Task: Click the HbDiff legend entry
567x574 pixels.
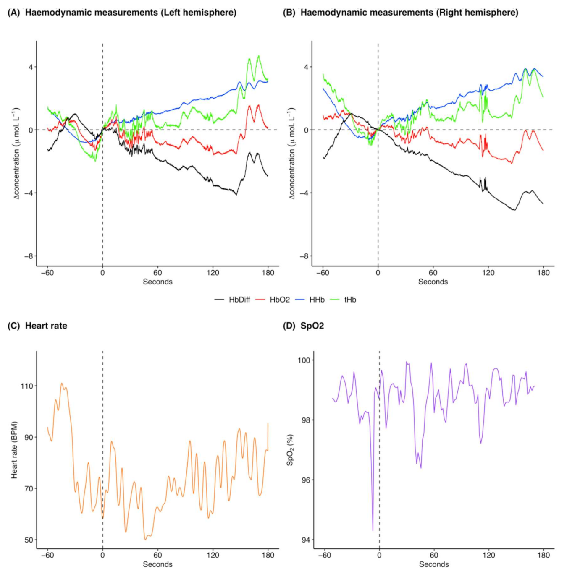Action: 239,300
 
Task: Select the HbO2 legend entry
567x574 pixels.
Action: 279,300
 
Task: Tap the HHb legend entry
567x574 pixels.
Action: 317,300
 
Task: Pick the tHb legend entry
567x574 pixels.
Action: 350,300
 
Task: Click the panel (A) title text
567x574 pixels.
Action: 122,13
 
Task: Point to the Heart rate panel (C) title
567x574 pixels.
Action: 37,326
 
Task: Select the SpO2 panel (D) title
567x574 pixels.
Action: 303,326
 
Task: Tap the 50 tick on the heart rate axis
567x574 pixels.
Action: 29,540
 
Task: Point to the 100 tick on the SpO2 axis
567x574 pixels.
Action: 304,360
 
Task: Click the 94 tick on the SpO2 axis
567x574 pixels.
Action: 305,540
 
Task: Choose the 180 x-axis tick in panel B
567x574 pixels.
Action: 543,273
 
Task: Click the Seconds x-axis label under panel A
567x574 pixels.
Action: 157,282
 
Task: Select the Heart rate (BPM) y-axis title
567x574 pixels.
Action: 15,450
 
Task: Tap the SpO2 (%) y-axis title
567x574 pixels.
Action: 290,450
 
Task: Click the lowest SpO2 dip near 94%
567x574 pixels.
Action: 373,530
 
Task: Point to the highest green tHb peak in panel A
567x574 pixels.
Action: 259,56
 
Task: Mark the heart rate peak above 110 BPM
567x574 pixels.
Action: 62,383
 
